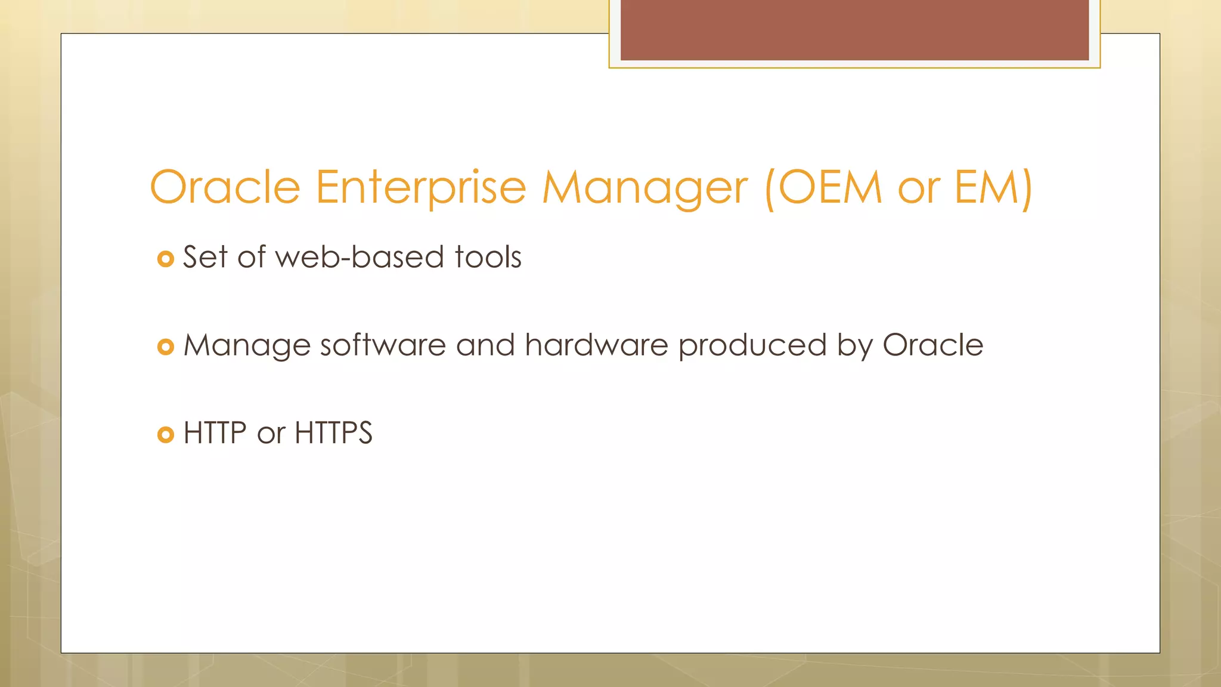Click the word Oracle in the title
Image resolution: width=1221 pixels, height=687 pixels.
coord(225,187)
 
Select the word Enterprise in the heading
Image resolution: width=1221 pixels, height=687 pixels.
coord(420,187)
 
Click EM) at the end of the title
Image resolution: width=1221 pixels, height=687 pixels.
coord(993,187)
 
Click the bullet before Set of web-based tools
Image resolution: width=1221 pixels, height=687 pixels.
coord(165,259)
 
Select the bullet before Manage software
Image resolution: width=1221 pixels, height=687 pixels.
coord(165,346)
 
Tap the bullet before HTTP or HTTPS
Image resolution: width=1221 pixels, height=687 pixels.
coord(165,435)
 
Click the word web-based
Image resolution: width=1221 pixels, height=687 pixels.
coord(360,257)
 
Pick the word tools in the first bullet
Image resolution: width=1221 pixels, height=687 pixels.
coord(488,257)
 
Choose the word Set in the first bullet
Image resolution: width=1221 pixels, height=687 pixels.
coord(204,257)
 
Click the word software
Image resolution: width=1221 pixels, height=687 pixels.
coord(383,345)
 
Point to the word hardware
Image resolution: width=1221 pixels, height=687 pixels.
coord(596,345)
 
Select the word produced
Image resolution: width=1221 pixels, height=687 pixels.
coord(752,345)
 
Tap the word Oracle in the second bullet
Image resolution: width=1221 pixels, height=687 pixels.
coord(932,345)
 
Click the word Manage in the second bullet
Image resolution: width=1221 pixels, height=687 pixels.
coord(247,345)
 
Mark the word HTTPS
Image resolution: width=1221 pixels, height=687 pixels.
coord(333,433)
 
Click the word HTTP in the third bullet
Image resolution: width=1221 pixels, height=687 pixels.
coord(215,433)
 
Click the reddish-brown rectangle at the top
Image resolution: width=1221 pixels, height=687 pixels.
coord(854,30)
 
